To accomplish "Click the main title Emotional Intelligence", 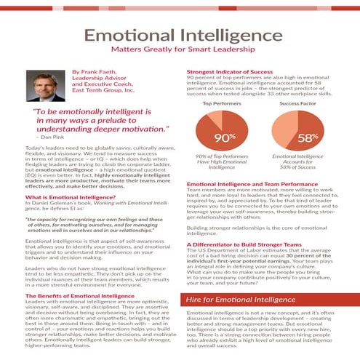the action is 180,36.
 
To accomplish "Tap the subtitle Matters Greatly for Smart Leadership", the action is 180,52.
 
